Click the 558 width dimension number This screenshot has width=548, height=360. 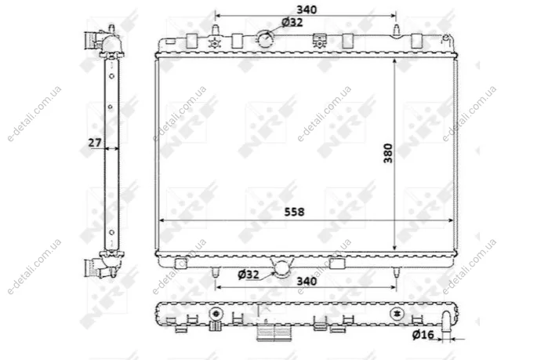294,212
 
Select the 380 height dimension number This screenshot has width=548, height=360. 388,153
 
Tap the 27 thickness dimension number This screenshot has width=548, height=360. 94,143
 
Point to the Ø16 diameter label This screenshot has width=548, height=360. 423,334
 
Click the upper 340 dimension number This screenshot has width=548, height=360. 307,9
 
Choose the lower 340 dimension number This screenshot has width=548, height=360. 307,281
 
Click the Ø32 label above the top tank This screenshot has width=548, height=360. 292,23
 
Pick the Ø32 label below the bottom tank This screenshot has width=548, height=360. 249,275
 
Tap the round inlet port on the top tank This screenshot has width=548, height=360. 265,39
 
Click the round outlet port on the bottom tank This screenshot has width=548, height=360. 282,269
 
